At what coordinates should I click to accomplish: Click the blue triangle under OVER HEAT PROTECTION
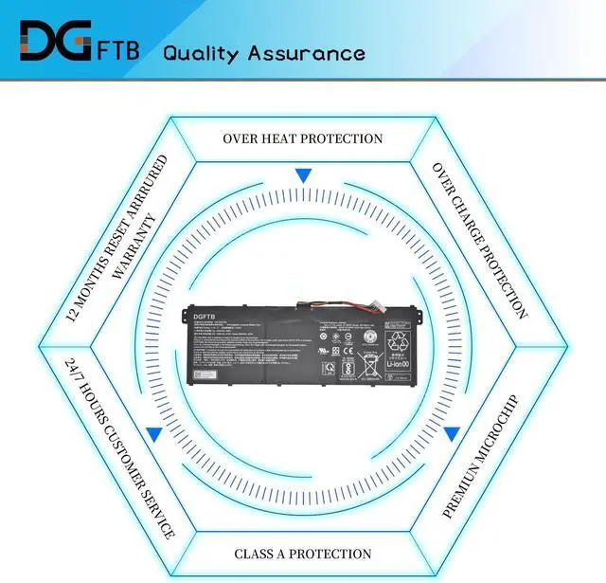click(x=303, y=175)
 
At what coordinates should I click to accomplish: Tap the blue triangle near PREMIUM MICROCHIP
click(x=452, y=434)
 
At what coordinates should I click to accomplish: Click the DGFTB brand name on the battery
click(x=205, y=319)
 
